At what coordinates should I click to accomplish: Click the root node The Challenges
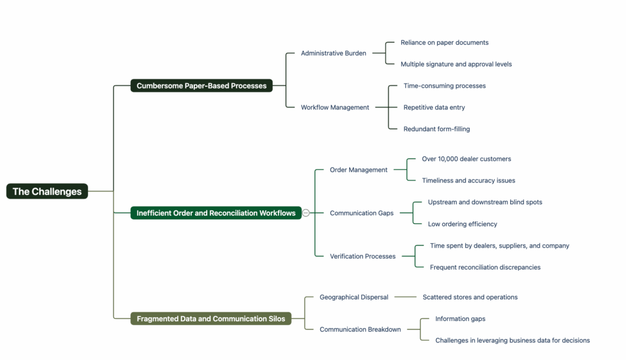click(47, 191)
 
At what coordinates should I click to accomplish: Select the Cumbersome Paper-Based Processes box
click(202, 86)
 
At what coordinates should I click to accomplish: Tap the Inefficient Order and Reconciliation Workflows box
click(216, 213)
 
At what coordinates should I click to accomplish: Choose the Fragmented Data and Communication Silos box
click(211, 318)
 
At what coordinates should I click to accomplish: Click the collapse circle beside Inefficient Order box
click(306, 213)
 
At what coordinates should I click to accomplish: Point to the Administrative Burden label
click(333, 53)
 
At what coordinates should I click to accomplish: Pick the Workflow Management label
click(335, 108)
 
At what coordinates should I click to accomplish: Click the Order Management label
click(358, 170)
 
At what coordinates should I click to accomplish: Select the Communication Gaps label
click(361, 213)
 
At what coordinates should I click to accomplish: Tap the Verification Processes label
click(363, 256)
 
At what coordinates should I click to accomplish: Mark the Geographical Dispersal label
click(354, 297)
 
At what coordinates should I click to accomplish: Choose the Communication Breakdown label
click(360, 329)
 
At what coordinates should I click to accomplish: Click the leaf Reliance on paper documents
click(444, 43)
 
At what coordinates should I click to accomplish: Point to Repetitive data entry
click(434, 108)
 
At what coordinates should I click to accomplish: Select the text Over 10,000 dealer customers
click(466, 159)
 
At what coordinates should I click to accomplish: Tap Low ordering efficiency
click(462, 224)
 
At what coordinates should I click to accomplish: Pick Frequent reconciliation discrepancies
click(485, 267)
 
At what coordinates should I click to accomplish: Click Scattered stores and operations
click(470, 297)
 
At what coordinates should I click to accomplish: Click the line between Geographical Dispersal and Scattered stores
click(405, 297)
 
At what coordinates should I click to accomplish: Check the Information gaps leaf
click(460, 318)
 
